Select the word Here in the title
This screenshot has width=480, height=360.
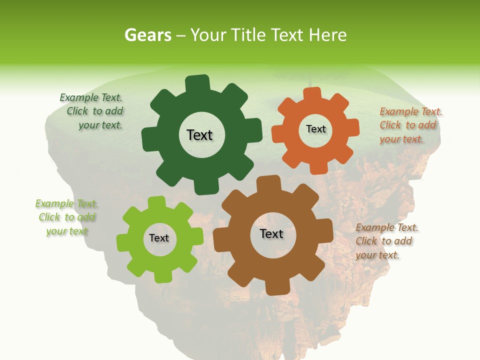(x=327, y=35)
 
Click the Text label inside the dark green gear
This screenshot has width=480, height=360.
(x=199, y=135)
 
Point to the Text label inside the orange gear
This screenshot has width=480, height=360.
(x=315, y=129)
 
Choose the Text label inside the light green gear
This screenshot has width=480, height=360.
(x=159, y=238)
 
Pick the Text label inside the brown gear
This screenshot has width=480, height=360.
(x=271, y=233)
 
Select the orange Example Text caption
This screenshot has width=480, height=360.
(x=410, y=125)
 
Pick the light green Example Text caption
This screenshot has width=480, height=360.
(x=66, y=217)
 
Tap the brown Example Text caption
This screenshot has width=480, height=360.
(x=386, y=241)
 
